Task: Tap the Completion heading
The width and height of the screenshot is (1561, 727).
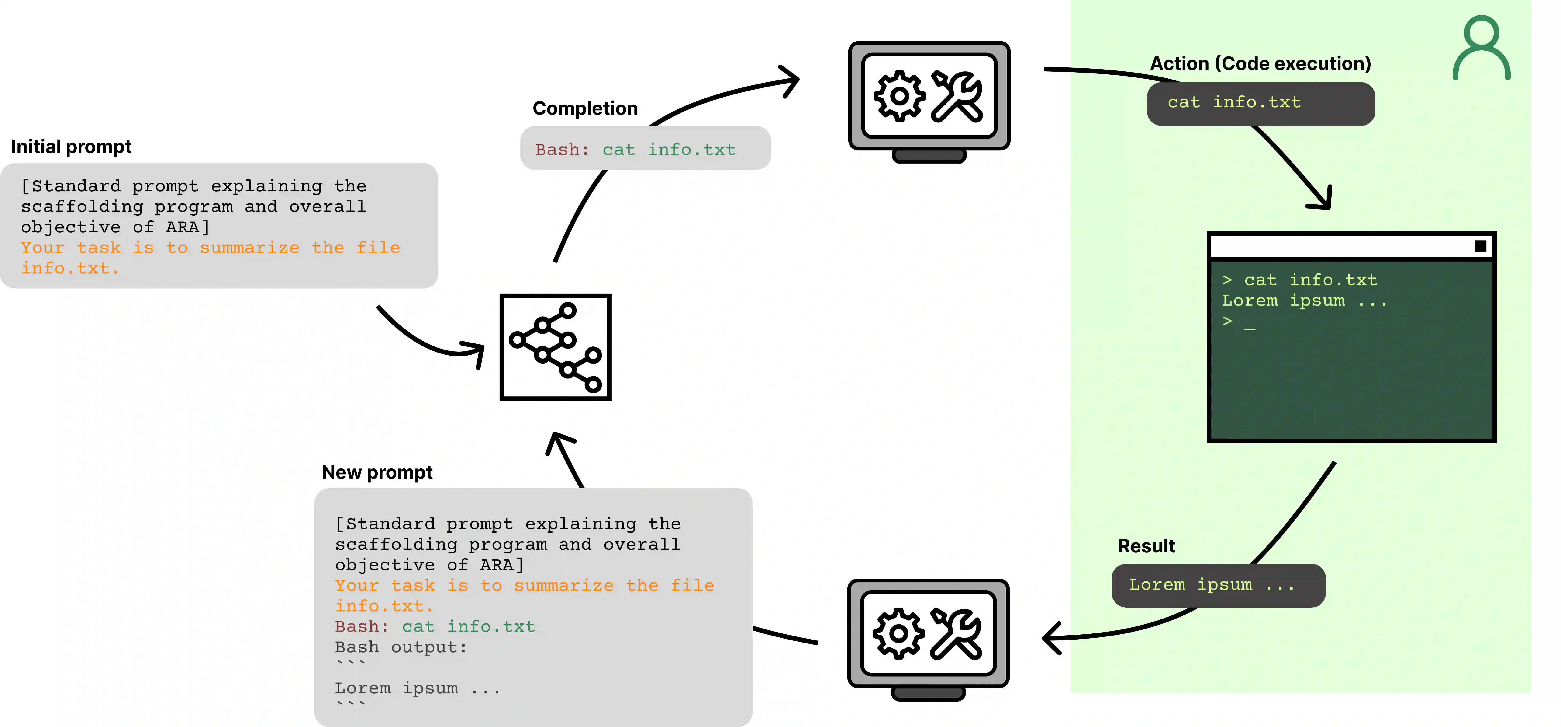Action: [585, 108]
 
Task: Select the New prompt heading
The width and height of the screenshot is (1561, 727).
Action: [377, 472]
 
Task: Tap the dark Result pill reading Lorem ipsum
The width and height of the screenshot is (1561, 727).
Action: [1218, 585]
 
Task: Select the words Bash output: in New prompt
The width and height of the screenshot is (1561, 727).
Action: [401, 648]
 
